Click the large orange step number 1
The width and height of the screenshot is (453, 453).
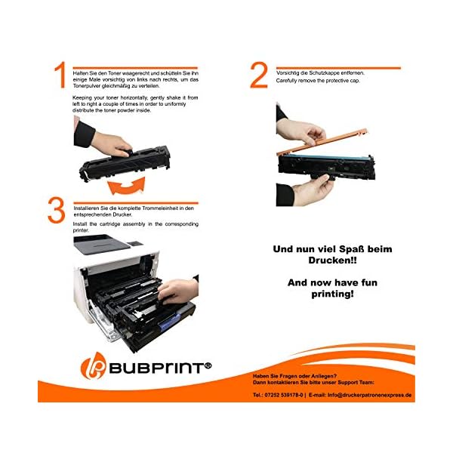tap(60, 75)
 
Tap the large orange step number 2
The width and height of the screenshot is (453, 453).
tap(259, 75)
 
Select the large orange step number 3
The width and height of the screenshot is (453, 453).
tap(57, 210)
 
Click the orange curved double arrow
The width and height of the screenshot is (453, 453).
tap(126, 186)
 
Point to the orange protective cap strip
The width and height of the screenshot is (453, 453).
tap(322, 143)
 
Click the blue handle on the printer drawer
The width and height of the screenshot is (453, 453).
tap(169, 323)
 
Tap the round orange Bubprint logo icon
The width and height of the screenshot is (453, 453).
tap(94, 365)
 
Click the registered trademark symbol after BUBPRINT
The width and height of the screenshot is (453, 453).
tap(208, 365)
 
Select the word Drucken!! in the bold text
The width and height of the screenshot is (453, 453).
tap(332, 260)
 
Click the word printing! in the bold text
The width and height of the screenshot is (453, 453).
tap(332, 294)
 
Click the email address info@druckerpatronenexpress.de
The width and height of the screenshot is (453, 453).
tap(369, 395)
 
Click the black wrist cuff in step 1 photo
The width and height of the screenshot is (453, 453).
tap(84, 134)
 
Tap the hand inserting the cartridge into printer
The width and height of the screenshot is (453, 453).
tap(178, 291)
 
